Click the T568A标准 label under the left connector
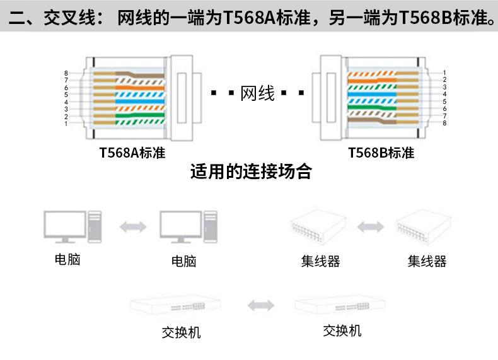tap(132, 153)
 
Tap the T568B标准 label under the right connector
tap(381, 153)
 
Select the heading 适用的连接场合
tap(251, 171)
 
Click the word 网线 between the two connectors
tap(258, 93)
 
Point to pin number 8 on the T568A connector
tap(66, 73)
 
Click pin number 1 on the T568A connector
tap(66, 124)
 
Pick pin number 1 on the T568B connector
tap(444, 73)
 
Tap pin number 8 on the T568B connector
tap(444, 123)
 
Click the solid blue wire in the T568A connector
tap(140, 102)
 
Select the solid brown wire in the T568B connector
tap(372, 121)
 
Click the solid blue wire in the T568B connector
tap(372, 95)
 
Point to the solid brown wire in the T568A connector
tap(140, 74)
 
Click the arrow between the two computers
tap(133, 227)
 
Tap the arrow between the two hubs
tap(371, 227)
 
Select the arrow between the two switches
tap(261, 305)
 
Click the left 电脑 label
tap(67, 260)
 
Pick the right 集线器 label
tap(427, 262)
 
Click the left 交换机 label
tap(181, 333)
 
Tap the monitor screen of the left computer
tap(65, 224)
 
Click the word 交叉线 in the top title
tap(69, 18)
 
